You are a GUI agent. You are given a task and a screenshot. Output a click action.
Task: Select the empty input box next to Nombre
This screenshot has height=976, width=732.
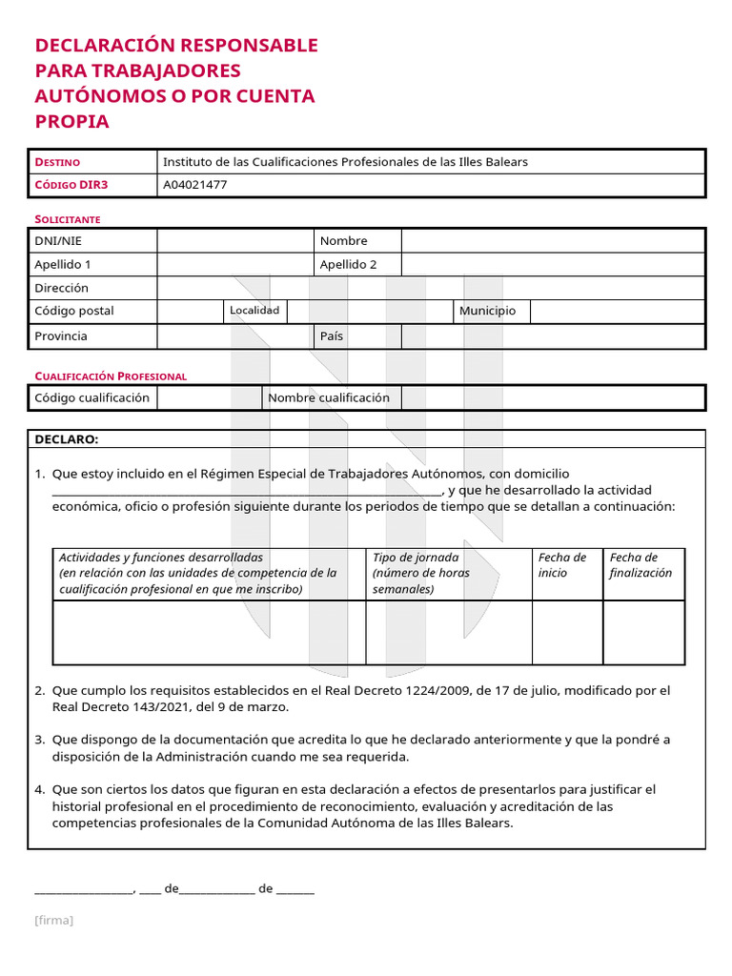click(x=552, y=241)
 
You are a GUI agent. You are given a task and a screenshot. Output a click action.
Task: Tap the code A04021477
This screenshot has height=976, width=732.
click(x=195, y=186)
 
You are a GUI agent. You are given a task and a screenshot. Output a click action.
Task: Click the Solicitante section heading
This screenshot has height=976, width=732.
click(x=68, y=219)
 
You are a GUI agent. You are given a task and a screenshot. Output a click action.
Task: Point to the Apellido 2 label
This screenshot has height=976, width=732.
click(x=348, y=265)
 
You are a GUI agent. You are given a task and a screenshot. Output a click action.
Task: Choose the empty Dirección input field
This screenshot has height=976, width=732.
click(x=430, y=288)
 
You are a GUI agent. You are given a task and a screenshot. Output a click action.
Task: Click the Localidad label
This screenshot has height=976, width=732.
click(x=254, y=311)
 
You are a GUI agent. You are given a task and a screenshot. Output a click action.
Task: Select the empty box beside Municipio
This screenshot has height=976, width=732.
click(x=616, y=311)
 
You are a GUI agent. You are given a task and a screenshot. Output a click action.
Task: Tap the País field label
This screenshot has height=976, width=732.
click(x=332, y=336)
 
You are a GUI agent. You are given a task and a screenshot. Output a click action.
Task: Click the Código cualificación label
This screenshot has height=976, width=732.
click(x=91, y=397)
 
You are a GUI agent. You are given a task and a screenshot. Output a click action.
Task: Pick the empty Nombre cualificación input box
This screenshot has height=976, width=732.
click(x=552, y=397)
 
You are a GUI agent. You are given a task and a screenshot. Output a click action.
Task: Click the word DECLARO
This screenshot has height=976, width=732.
click(x=66, y=439)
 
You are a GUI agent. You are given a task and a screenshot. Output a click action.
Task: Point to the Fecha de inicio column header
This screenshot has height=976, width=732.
click(x=563, y=565)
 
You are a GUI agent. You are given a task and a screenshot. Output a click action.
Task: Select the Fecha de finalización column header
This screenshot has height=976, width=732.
click(x=640, y=565)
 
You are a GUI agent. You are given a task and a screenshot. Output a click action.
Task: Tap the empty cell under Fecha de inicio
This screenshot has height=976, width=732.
click(x=567, y=632)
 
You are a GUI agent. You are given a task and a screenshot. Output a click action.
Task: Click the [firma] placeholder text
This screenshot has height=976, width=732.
click(x=53, y=920)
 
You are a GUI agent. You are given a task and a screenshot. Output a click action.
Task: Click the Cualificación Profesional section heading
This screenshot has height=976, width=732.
click(x=111, y=376)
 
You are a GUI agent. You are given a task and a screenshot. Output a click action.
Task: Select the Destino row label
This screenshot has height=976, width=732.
click(x=57, y=162)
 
